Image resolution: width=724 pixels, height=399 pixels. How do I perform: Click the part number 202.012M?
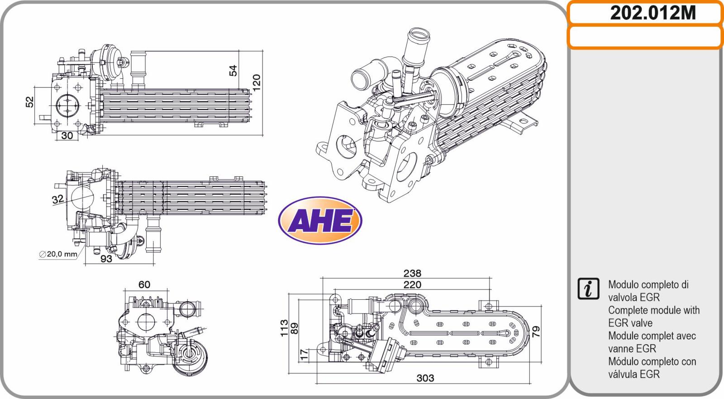[x=653, y=13]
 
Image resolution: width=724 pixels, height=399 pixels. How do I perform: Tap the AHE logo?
[x=320, y=221]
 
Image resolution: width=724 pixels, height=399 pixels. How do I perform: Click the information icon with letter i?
[x=588, y=288]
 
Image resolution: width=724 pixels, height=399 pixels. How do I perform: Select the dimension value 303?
[x=425, y=378]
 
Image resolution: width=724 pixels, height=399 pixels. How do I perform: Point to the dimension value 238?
[x=412, y=274]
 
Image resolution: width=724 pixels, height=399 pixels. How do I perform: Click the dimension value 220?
[x=412, y=285]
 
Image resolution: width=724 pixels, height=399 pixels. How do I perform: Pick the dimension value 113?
[x=284, y=328]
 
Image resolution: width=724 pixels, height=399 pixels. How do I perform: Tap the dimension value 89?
[x=295, y=328]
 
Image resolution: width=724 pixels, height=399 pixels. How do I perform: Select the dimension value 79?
[x=536, y=332]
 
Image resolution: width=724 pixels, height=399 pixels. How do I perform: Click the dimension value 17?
[x=304, y=355]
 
